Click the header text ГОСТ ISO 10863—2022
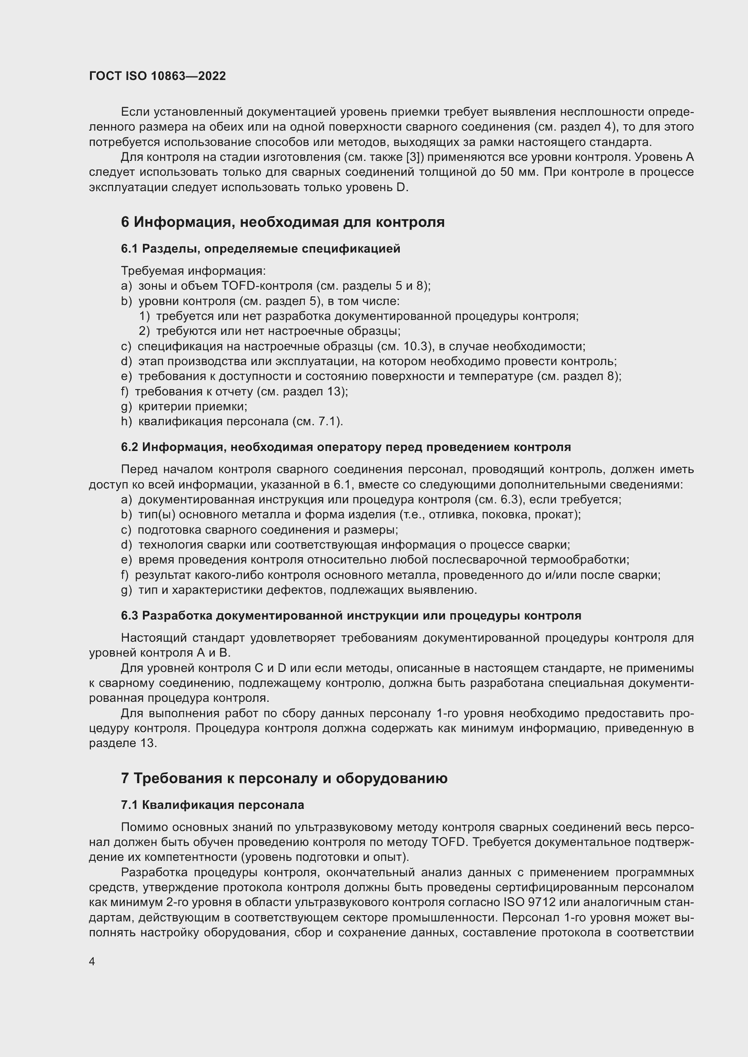tap(157, 76)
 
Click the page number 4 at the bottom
tap(92, 961)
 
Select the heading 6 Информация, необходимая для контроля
tap(282, 222)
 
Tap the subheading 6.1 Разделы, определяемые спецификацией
tap(260, 249)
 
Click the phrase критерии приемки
tap(193, 407)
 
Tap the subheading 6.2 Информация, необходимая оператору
tap(346, 447)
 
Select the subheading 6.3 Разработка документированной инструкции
tap(350, 615)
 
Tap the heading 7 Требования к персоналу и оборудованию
tap(284, 779)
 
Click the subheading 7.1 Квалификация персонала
tap(213, 805)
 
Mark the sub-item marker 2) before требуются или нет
tap(144, 331)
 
